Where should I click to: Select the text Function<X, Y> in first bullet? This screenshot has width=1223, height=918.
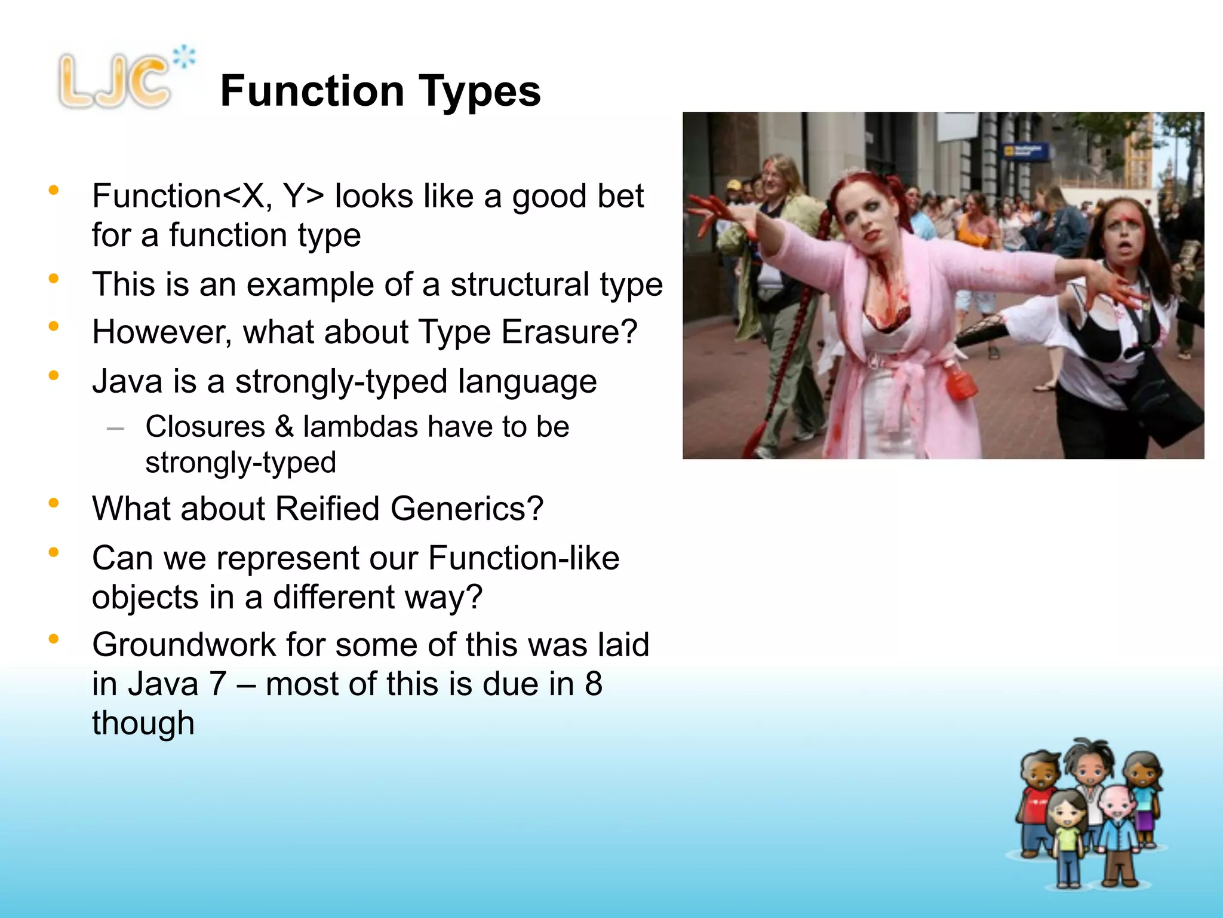(x=208, y=196)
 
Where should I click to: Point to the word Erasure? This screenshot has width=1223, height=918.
(x=569, y=332)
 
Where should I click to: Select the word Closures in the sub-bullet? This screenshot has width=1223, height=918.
(x=205, y=427)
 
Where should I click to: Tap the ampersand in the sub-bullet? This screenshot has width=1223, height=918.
(x=284, y=427)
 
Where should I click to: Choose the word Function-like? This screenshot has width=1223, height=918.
(x=524, y=558)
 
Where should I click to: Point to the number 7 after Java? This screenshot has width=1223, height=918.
(x=217, y=684)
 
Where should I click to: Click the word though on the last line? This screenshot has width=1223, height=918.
(x=143, y=723)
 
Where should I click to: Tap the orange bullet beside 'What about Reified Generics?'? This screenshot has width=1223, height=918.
(x=54, y=503)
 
